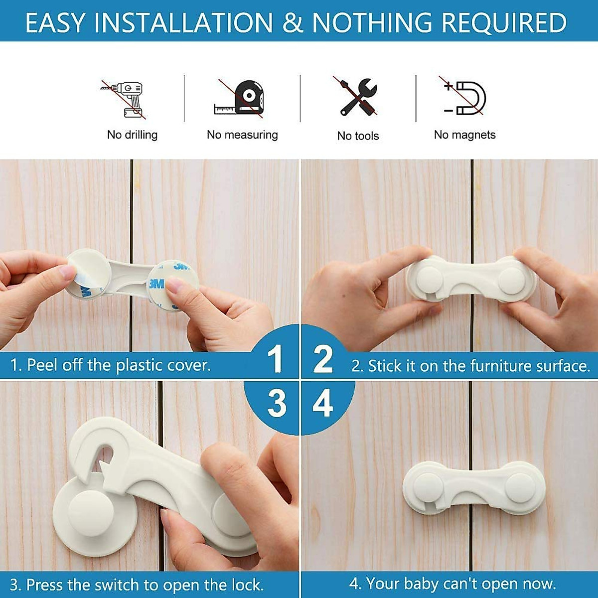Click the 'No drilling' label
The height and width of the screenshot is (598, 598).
(132, 135)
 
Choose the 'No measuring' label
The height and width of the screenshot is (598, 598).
(242, 135)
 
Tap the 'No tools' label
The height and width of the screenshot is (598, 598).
(358, 136)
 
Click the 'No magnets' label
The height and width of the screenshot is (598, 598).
(464, 135)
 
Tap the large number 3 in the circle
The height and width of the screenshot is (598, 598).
(277, 404)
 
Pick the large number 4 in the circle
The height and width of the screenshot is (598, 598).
(322, 404)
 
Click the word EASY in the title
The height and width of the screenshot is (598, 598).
(55, 23)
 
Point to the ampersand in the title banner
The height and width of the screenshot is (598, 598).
(293, 23)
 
